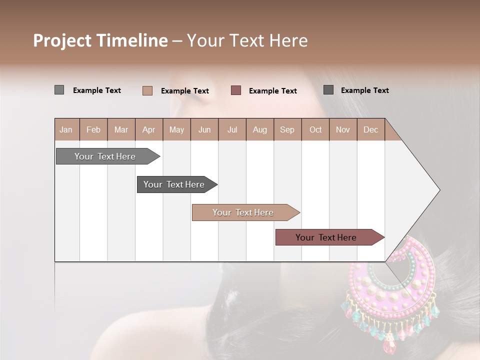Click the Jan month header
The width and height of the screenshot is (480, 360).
pos(66,130)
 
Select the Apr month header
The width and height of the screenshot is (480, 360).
pos(148,130)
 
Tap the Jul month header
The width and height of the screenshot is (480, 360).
pos(232,130)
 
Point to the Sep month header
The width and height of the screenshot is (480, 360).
pos(287,130)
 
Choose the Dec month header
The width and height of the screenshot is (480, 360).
pos(370,130)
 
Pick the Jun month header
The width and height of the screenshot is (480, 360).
pos(204,130)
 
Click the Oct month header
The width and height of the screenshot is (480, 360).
pos(315,130)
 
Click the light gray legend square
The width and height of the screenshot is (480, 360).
pos(59,90)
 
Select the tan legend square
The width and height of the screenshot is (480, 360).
pos(147,90)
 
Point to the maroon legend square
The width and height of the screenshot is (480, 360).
pos(236,90)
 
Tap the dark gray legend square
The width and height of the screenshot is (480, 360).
pos(328,90)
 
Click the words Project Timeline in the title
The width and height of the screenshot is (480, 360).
pos(100,40)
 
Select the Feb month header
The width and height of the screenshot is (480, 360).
pos(93,130)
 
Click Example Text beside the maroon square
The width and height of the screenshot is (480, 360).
pos(272,91)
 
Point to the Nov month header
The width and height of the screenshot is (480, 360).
pos(343,130)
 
